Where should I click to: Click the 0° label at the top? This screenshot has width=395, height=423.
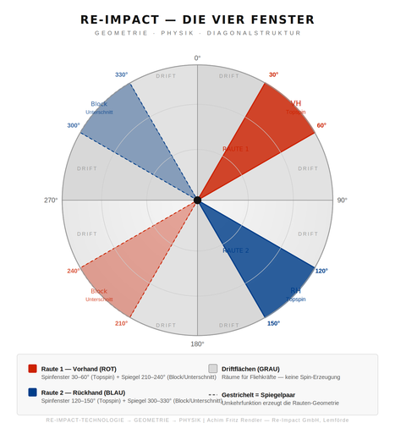click(197, 58)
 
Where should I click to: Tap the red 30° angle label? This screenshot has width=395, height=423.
click(273, 74)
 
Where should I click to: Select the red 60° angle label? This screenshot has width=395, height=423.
click(321, 125)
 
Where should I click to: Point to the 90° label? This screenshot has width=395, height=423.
click(342, 201)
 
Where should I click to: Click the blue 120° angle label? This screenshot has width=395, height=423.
click(321, 271)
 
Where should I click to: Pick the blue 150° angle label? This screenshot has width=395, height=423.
click(273, 323)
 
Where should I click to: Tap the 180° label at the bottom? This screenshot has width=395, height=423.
click(197, 343)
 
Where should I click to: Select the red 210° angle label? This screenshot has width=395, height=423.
click(121, 323)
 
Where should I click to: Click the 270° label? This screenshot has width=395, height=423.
click(52, 201)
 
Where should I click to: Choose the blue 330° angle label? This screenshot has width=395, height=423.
click(122, 74)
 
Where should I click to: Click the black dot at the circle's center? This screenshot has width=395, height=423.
click(197, 201)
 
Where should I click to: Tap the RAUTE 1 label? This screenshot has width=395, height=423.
click(235, 149)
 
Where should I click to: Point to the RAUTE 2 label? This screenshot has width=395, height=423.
click(235, 250)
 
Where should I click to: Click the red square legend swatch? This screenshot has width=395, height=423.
click(32, 368)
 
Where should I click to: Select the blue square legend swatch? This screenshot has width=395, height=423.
click(32, 392)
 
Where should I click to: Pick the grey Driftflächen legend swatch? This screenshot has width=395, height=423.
click(213, 368)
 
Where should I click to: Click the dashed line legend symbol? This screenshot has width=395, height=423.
click(213, 394)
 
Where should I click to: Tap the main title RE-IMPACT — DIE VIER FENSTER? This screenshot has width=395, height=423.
click(197, 19)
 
